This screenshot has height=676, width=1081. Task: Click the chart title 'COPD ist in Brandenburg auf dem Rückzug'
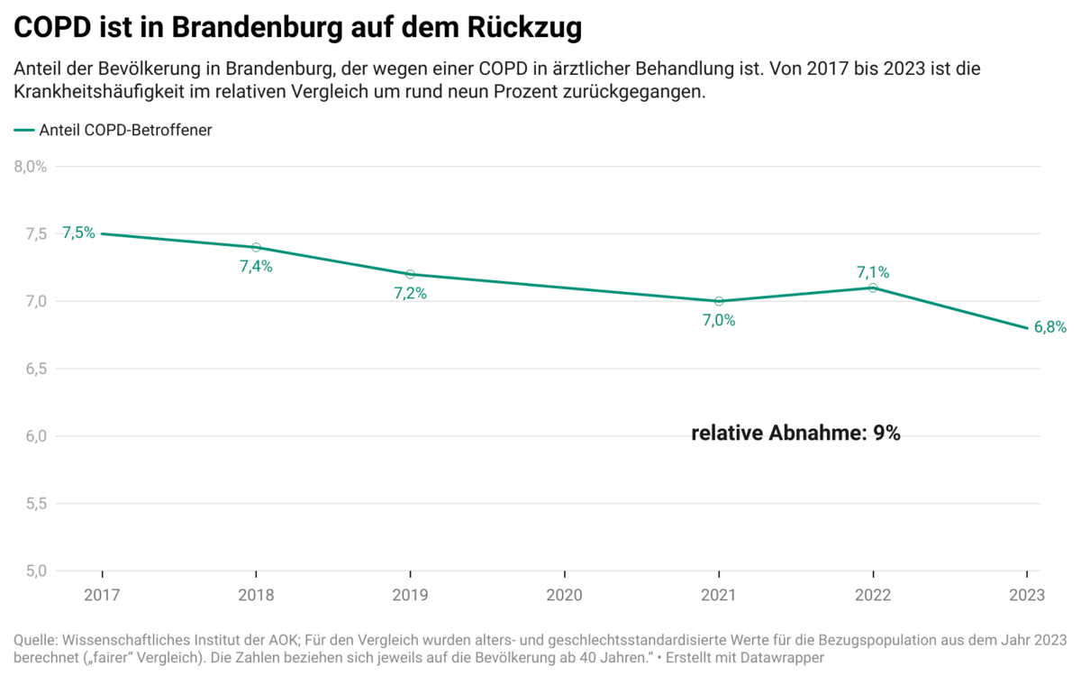pos(297,28)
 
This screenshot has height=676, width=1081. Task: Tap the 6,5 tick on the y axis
pos(35,369)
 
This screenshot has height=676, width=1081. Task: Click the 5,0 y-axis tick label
pos(35,571)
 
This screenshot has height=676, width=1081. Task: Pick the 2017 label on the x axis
pos(102,595)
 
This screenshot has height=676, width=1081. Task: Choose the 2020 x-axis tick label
pos(564,595)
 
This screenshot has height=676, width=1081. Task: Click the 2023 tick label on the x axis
pos(1026,595)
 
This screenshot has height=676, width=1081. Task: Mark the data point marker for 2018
pos(256,247)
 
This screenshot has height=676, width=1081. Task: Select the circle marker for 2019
pos(410,274)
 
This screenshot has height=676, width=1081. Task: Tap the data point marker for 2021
pos(718,301)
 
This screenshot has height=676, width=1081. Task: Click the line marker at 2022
pos(872,288)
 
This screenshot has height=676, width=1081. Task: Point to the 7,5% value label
pos(78,233)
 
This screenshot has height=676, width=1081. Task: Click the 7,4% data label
pos(256,266)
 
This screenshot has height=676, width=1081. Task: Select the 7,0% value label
pos(718,320)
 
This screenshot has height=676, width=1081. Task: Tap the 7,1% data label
pos(872,271)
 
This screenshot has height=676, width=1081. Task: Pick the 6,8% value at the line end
pos(1050,328)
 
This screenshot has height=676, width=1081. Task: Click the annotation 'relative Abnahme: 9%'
pos(795,434)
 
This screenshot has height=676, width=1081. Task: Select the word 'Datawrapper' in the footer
pos(783,659)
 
